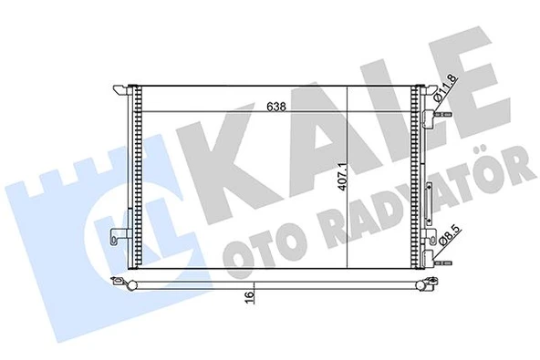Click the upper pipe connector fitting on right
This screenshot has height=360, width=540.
click(441, 117)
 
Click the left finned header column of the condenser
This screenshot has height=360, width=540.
click(138, 178)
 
